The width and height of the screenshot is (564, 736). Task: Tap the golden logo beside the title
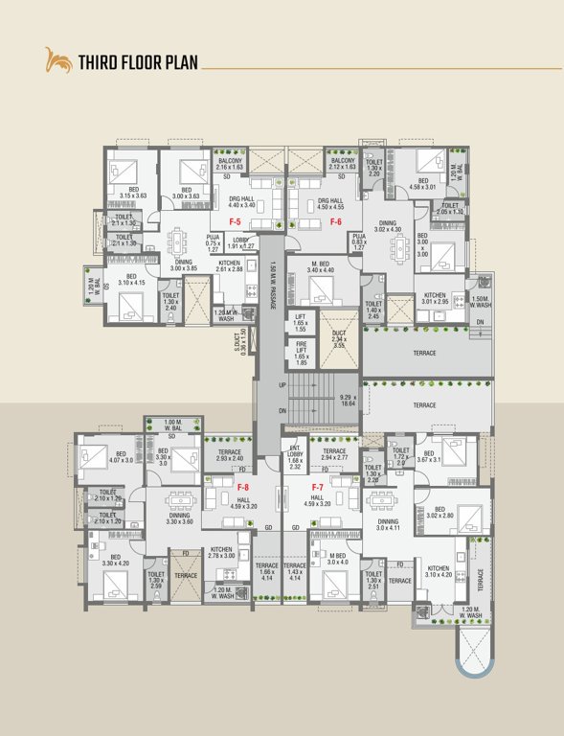click(58, 63)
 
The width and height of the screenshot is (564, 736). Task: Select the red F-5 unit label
click(234, 221)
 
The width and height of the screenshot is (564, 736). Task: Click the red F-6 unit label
click(336, 221)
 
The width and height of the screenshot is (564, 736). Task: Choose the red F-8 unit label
click(243, 487)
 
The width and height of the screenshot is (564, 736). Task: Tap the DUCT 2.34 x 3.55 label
click(338, 341)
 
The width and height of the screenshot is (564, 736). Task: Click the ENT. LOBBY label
click(295, 461)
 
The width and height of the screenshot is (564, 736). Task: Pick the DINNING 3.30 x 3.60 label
click(180, 518)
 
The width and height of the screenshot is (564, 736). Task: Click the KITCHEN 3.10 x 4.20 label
click(440, 571)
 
